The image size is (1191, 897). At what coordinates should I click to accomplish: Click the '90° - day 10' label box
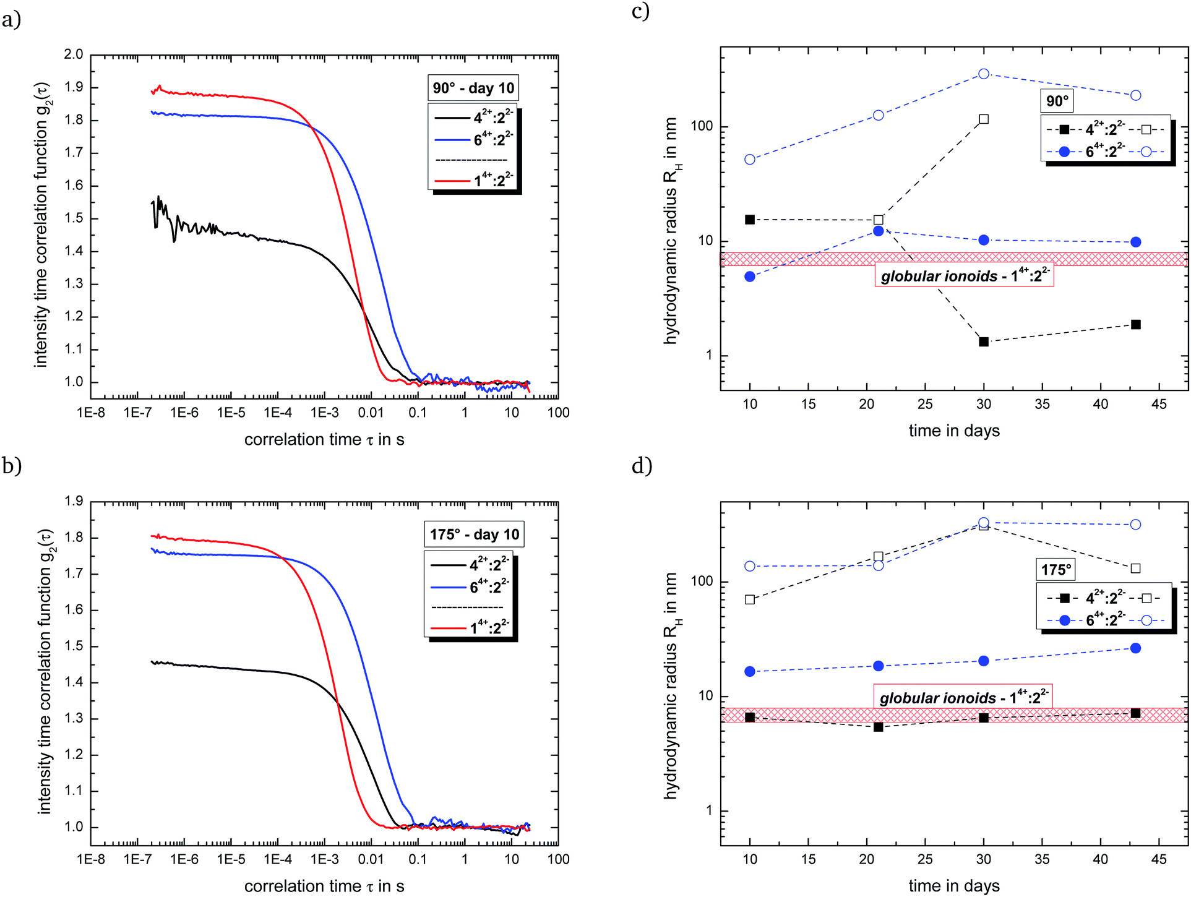click(x=473, y=88)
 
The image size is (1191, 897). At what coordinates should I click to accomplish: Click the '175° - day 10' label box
click(x=474, y=534)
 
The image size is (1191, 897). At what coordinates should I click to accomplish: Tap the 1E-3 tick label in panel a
click(x=324, y=413)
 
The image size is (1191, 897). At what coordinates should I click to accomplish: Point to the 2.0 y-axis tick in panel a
click(x=73, y=54)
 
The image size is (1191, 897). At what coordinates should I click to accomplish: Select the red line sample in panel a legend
click(x=452, y=181)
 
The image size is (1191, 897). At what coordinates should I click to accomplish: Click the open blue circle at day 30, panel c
click(x=984, y=74)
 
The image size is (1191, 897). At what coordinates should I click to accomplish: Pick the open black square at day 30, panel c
click(x=984, y=119)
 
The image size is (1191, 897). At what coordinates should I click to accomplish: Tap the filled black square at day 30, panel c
click(x=984, y=341)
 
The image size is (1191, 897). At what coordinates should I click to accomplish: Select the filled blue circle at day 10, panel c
click(x=750, y=277)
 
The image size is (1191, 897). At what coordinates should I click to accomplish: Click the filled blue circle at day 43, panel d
click(x=1135, y=648)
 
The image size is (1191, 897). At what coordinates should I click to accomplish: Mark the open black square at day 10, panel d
click(x=750, y=599)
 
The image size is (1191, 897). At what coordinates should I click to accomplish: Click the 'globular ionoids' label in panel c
click(x=964, y=275)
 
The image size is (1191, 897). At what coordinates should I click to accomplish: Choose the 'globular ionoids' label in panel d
click(x=963, y=697)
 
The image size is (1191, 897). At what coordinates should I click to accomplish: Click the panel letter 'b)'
click(x=12, y=465)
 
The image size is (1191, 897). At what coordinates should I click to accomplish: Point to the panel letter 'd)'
click(x=642, y=465)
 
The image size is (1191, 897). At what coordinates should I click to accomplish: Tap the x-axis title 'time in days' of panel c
click(x=954, y=431)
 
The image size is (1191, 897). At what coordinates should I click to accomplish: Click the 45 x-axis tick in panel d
click(x=1159, y=859)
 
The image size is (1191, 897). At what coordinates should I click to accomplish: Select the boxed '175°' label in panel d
click(x=1056, y=569)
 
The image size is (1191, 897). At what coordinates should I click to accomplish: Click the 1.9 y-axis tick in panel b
click(x=73, y=501)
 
